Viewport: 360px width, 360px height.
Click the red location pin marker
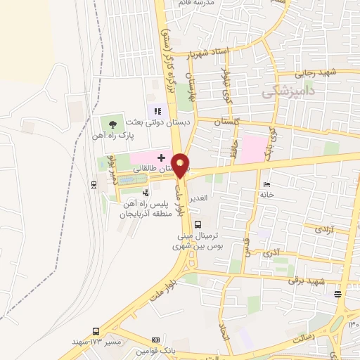[181, 165]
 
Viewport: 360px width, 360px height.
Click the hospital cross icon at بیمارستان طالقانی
[161, 157]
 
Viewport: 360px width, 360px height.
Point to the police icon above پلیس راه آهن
[146, 192]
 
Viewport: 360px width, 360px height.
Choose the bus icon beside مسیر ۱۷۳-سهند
[96, 331]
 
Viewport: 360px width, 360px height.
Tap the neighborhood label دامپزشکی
[288, 90]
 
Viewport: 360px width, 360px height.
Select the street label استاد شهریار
[219, 53]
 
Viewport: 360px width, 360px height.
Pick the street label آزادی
[323, 229]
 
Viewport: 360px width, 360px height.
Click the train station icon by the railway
[94, 184]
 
